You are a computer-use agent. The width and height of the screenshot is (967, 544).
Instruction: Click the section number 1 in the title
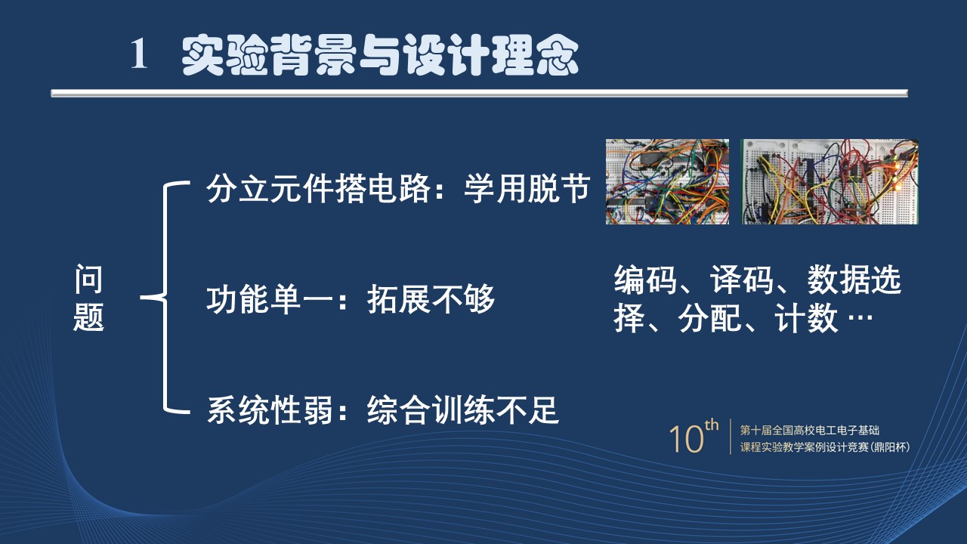point(138,54)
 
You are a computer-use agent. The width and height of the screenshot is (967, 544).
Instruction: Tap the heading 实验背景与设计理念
point(380,55)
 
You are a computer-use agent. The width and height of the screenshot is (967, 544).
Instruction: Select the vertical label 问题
point(88,298)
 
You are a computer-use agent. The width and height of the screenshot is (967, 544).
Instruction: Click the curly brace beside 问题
point(165,297)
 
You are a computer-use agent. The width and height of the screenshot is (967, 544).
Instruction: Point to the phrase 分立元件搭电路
point(319,188)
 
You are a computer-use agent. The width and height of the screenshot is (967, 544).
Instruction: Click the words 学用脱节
point(527,188)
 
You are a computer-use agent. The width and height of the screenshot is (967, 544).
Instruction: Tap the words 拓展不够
point(431,298)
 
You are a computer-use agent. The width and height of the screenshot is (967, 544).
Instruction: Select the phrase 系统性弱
point(270,410)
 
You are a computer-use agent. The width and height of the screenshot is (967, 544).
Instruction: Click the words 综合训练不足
point(463,410)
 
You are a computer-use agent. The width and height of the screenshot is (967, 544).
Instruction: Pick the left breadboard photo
point(667,182)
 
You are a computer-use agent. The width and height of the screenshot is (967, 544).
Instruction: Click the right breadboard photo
point(830,182)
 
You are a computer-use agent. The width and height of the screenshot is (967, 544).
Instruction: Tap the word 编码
point(645,280)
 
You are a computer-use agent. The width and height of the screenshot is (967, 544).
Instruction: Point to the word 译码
point(742,280)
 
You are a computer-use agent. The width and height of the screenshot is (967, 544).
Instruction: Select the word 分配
point(709,318)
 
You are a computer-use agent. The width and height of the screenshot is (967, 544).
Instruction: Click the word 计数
point(806,318)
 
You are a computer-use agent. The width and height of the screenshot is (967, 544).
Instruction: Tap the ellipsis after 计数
point(860,318)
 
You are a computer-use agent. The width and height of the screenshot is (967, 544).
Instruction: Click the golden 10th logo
point(694,436)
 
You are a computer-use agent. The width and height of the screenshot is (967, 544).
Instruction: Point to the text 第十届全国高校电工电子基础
point(809,430)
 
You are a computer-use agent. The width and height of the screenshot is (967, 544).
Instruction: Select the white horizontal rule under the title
point(479,93)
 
